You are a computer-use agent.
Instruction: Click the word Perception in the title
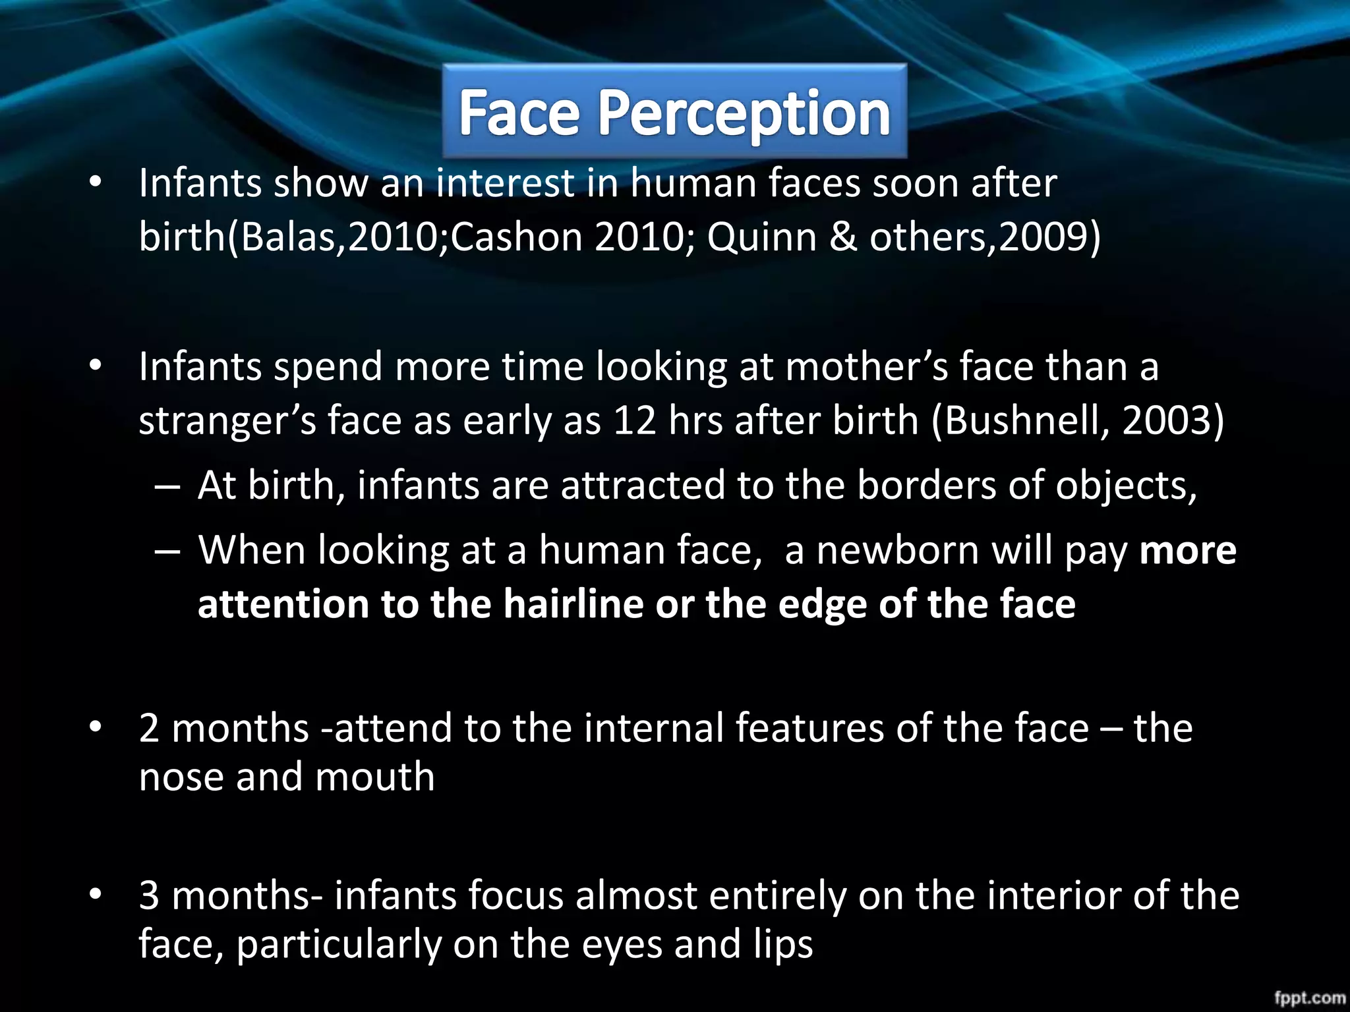coord(744,113)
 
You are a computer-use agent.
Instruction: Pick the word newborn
coord(897,550)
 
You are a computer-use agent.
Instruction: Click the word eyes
coord(622,943)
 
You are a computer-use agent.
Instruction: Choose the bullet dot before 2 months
coord(96,726)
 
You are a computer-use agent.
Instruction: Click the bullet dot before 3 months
coord(96,893)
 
